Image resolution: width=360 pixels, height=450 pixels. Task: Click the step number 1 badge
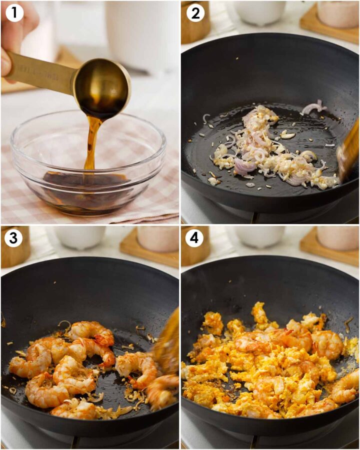(x=14, y=13)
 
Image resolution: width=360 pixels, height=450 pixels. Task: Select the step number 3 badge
(x=14, y=238)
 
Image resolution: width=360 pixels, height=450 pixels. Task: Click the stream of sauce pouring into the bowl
(x=91, y=145)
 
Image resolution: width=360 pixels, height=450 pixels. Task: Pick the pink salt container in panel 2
(x=337, y=12)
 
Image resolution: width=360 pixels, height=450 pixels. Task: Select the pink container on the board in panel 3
(x=157, y=239)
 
